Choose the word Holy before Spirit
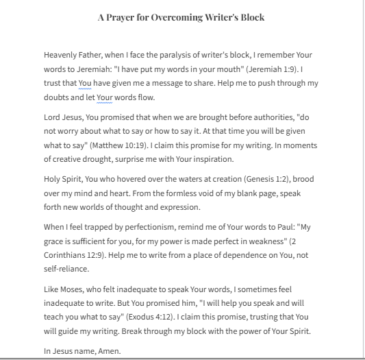53,178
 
